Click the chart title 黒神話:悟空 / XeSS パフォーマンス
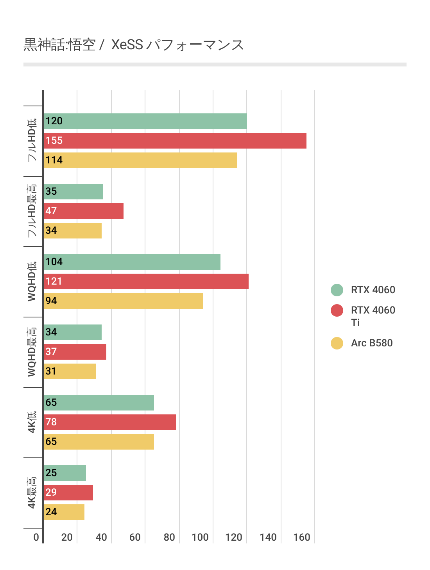point(134,45)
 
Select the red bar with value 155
point(175,141)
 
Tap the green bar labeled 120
point(145,121)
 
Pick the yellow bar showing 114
point(140,160)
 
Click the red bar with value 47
point(83,211)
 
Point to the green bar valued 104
point(132,262)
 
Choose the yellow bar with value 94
point(123,301)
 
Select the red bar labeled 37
point(75,352)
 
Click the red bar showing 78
point(109,422)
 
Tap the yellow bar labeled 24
point(64,512)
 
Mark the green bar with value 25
point(64,473)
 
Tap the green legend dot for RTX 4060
point(337,290)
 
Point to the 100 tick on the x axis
point(200,537)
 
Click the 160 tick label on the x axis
point(302,537)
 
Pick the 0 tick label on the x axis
point(36,537)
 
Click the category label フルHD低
point(32,140)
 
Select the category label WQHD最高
point(32,352)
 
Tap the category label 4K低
point(32,422)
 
